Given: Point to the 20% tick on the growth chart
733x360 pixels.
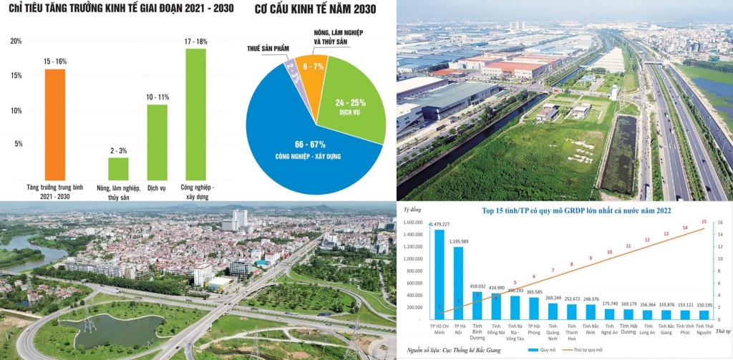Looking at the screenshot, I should tap(16, 42).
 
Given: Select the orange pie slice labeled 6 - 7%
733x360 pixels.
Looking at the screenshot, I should tap(311, 72).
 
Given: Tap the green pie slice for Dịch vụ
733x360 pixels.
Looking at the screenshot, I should tap(354, 100).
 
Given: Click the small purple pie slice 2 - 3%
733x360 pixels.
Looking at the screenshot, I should tap(290, 72).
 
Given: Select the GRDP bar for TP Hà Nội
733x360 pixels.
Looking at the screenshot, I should tap(458, 283).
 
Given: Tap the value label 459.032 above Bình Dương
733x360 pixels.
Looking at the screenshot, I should tap(477, 286).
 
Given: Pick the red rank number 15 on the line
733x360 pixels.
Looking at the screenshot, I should tap(704, 222).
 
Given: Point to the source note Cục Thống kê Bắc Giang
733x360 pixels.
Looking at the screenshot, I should tap(458, 350).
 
